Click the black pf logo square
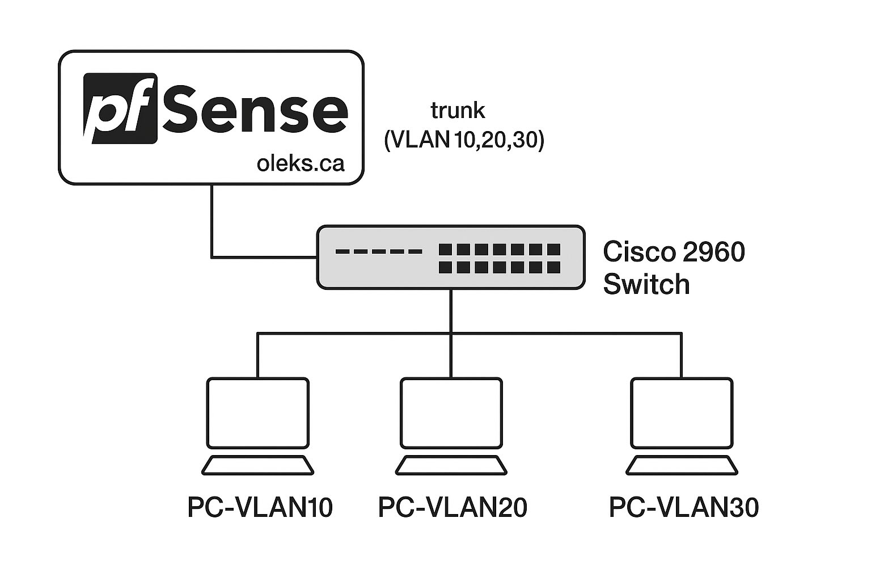[x=120, y=108]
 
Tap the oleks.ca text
[x=300, y=163]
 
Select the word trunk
[x=458, y=110]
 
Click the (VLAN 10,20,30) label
[x=464, y=140]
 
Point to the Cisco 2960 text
[x=673, y=251]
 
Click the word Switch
[x=646, y=284]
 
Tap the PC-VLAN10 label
[x=260, y=507]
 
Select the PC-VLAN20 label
[x=453, y=507]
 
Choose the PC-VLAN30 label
[x=683, y=507]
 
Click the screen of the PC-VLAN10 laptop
[x=258, y=413]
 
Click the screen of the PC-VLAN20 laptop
[x=451, y=413]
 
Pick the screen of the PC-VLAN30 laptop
[x=682, y=413]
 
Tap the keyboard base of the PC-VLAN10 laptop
[x=258, y=465]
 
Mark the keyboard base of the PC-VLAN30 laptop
[x=682, y=465]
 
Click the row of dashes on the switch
[x=378, y=251]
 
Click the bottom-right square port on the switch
[x=553, y=267]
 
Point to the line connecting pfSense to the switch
[x=212, y=227]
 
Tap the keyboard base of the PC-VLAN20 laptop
[x=451, y=465]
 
